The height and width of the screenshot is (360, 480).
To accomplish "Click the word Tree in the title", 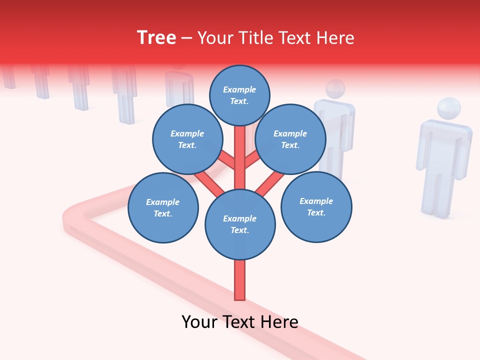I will [x=156, y=37].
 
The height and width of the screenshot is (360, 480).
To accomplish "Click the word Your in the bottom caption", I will [x=200, y=322].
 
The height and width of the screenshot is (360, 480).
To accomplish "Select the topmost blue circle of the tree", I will [x=239, y=95].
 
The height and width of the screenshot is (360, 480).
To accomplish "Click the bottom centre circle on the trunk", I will [x=240, y=224].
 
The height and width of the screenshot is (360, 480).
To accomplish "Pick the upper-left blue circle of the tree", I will [x=187, y=139].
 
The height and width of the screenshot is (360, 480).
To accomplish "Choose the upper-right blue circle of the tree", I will [x=290, y=139].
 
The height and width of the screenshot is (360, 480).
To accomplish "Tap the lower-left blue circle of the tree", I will [x=163, y=207].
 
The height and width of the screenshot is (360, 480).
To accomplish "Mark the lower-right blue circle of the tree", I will [x=316, y=206].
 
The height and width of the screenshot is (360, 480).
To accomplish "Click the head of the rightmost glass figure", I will [x=448, y=109].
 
